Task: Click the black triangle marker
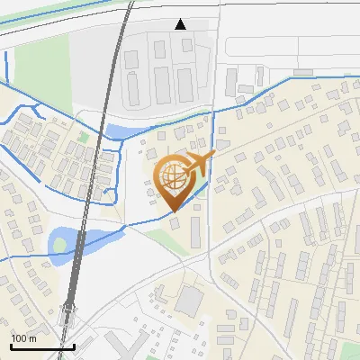[x=181, y=24]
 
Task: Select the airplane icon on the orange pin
[x=200, y=164]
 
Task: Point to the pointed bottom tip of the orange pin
[x=174, y=211]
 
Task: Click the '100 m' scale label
[x=23, y=338]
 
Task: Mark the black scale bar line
[x=42, y=346]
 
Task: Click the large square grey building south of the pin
[x=190, y=300]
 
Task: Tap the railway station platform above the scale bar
[x=68, y=314]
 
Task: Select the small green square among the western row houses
[x=84, y=137]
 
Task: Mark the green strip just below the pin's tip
[x=162, y=237]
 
